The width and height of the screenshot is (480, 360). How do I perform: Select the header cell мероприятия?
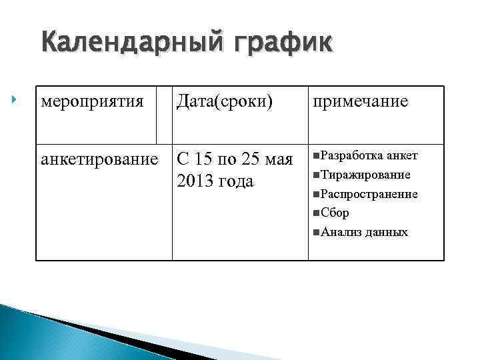point(92,103)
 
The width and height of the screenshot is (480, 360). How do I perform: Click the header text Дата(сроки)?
point(225,103)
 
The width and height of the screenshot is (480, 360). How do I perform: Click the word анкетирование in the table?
point(100,161)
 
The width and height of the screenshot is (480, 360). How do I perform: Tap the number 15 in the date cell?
point(205,161)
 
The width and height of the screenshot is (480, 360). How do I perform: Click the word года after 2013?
point(235,180)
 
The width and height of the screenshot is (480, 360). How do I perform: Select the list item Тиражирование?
point(365,175)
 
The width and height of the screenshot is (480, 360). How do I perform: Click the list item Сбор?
point(335,213)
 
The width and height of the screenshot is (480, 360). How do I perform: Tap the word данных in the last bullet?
point(386,233)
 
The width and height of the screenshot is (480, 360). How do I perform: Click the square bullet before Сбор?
point(315,213)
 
